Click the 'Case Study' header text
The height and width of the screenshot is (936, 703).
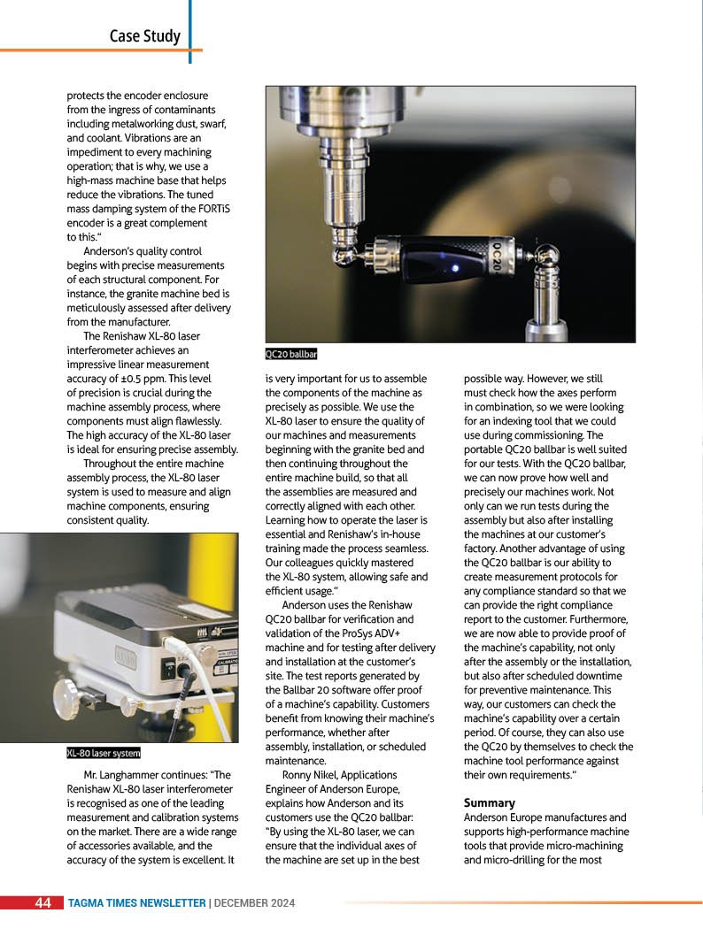tap(144, 35)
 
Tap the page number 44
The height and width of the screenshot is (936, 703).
tap(42, 903)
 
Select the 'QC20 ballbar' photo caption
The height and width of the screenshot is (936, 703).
tap(291, 355)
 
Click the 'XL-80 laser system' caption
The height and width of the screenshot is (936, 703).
tap(104, 754)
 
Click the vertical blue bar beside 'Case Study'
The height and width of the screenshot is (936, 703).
tap(189, 31)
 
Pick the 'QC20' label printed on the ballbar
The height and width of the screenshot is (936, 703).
tap(497, 257)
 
